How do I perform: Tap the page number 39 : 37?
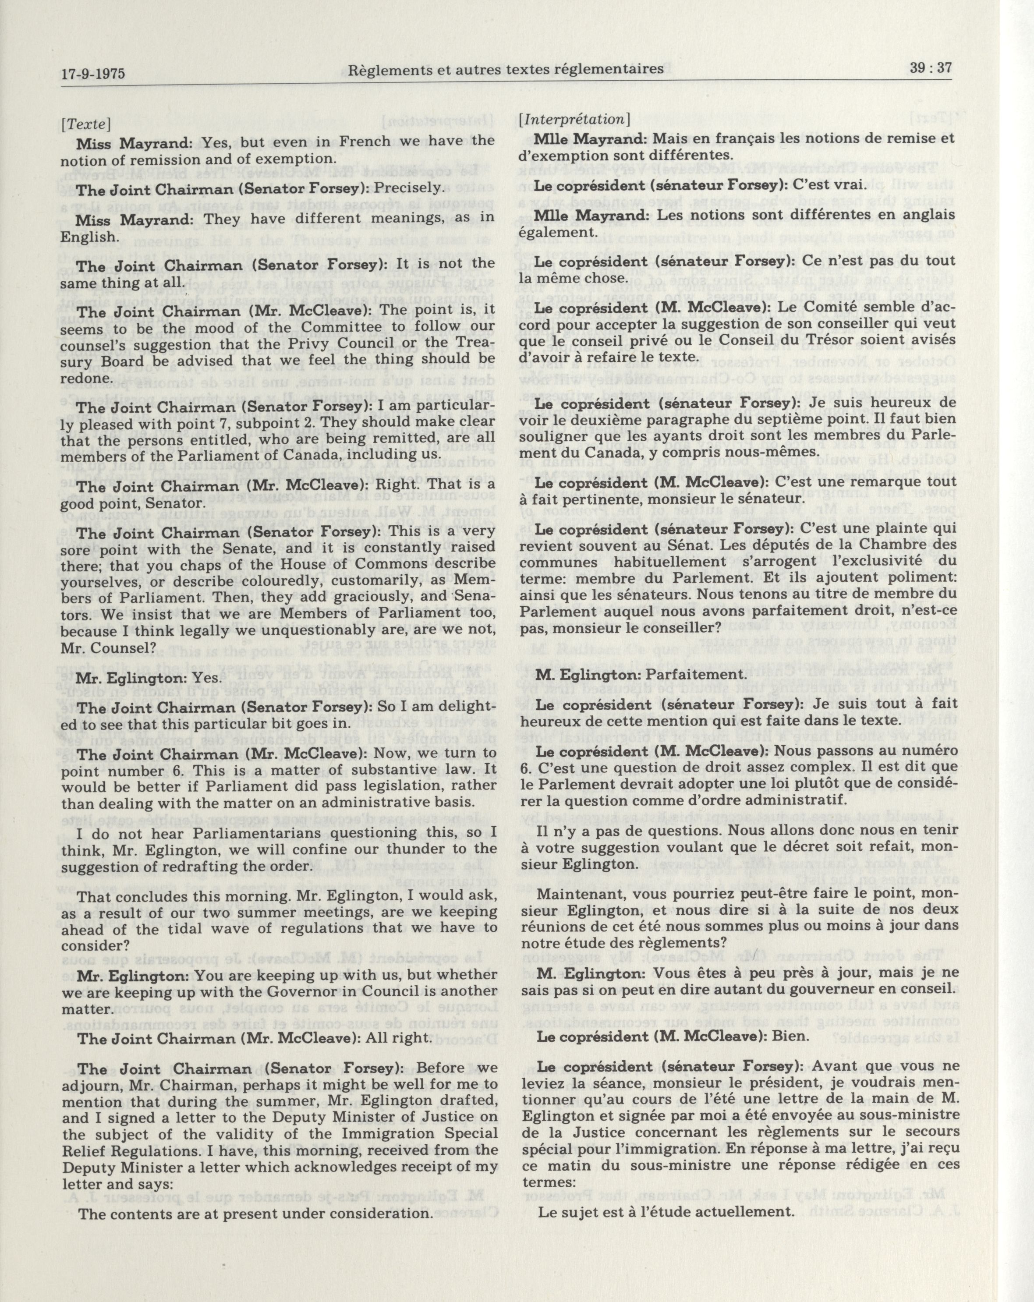point(930,67)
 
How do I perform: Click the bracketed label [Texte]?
point(85,125)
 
